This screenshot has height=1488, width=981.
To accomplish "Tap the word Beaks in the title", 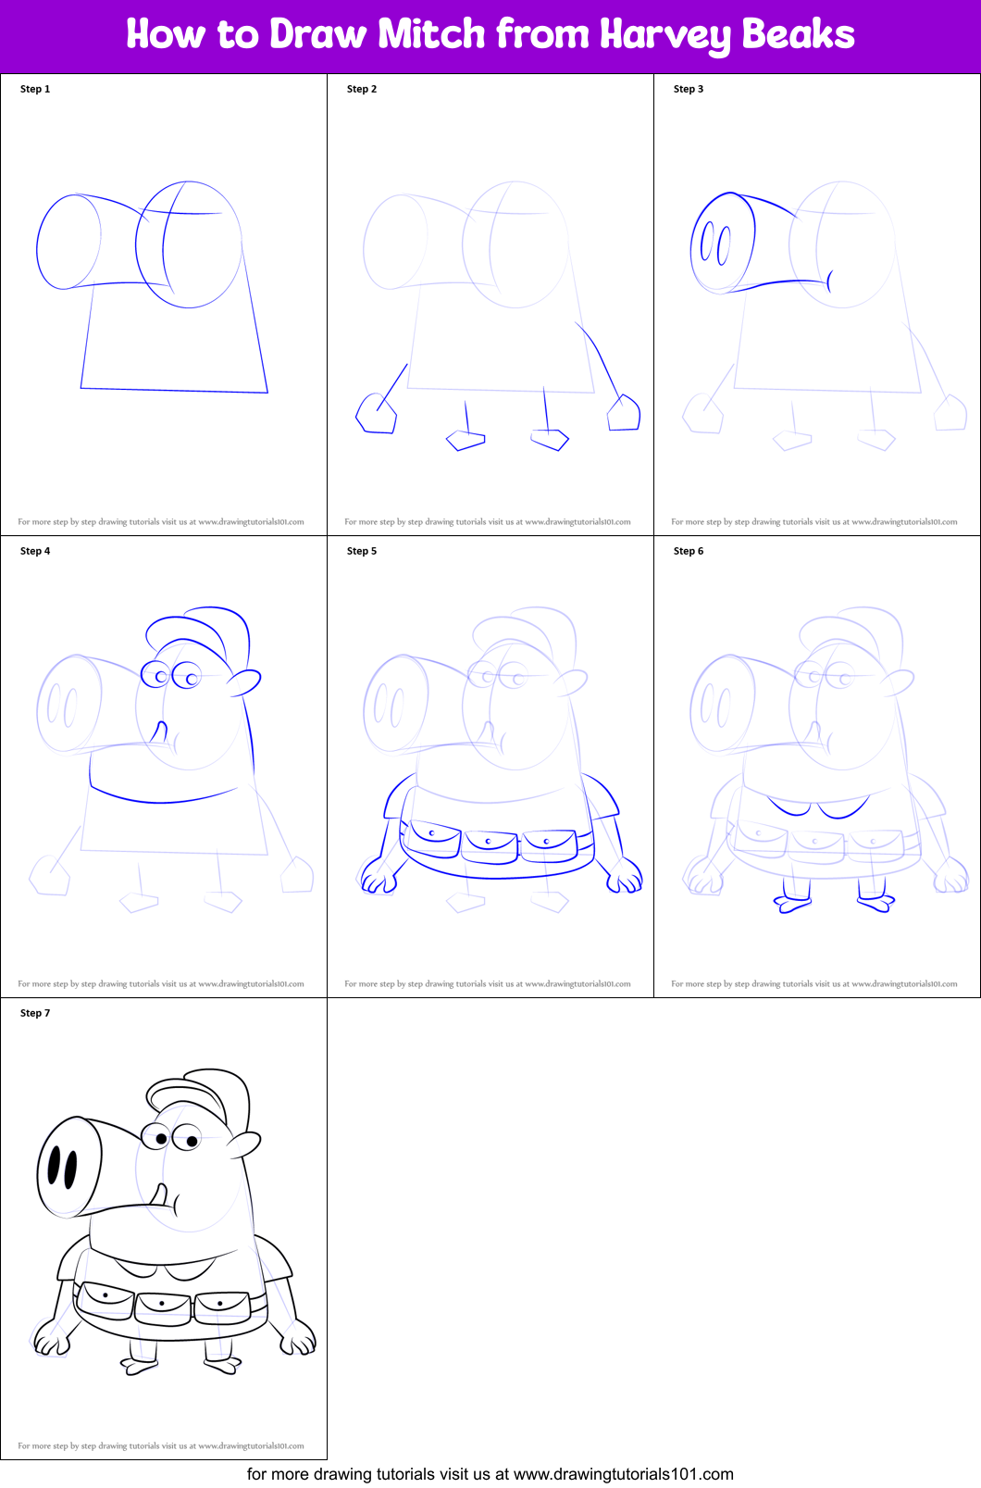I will (797, 34).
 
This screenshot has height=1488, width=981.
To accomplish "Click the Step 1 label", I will (35, 89).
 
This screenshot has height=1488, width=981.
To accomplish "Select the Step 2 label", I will (362, 89).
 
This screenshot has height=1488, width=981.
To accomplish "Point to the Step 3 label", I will (689, 89).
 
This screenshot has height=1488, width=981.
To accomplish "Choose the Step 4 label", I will (35, 551).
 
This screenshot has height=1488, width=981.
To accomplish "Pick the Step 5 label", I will (362, 551).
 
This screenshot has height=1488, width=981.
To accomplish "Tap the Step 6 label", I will (689, 551).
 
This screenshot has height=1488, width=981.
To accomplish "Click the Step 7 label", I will (35, 1013).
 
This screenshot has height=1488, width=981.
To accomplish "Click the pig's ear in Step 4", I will (244, 682).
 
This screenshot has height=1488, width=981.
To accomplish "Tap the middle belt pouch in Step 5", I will (490, 844).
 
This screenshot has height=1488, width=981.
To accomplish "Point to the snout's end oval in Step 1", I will (68, 242).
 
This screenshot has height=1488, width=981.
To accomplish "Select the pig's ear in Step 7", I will (244, 1144).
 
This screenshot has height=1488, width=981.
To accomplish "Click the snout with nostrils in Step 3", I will (723, 244).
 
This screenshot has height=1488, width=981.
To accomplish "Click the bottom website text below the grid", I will (490, 1474).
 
